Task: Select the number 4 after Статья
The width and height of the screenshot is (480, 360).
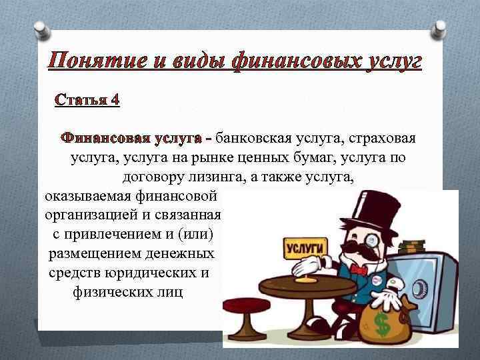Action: tap(115, 100)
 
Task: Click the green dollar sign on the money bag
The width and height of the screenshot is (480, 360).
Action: tap(382, 327)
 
